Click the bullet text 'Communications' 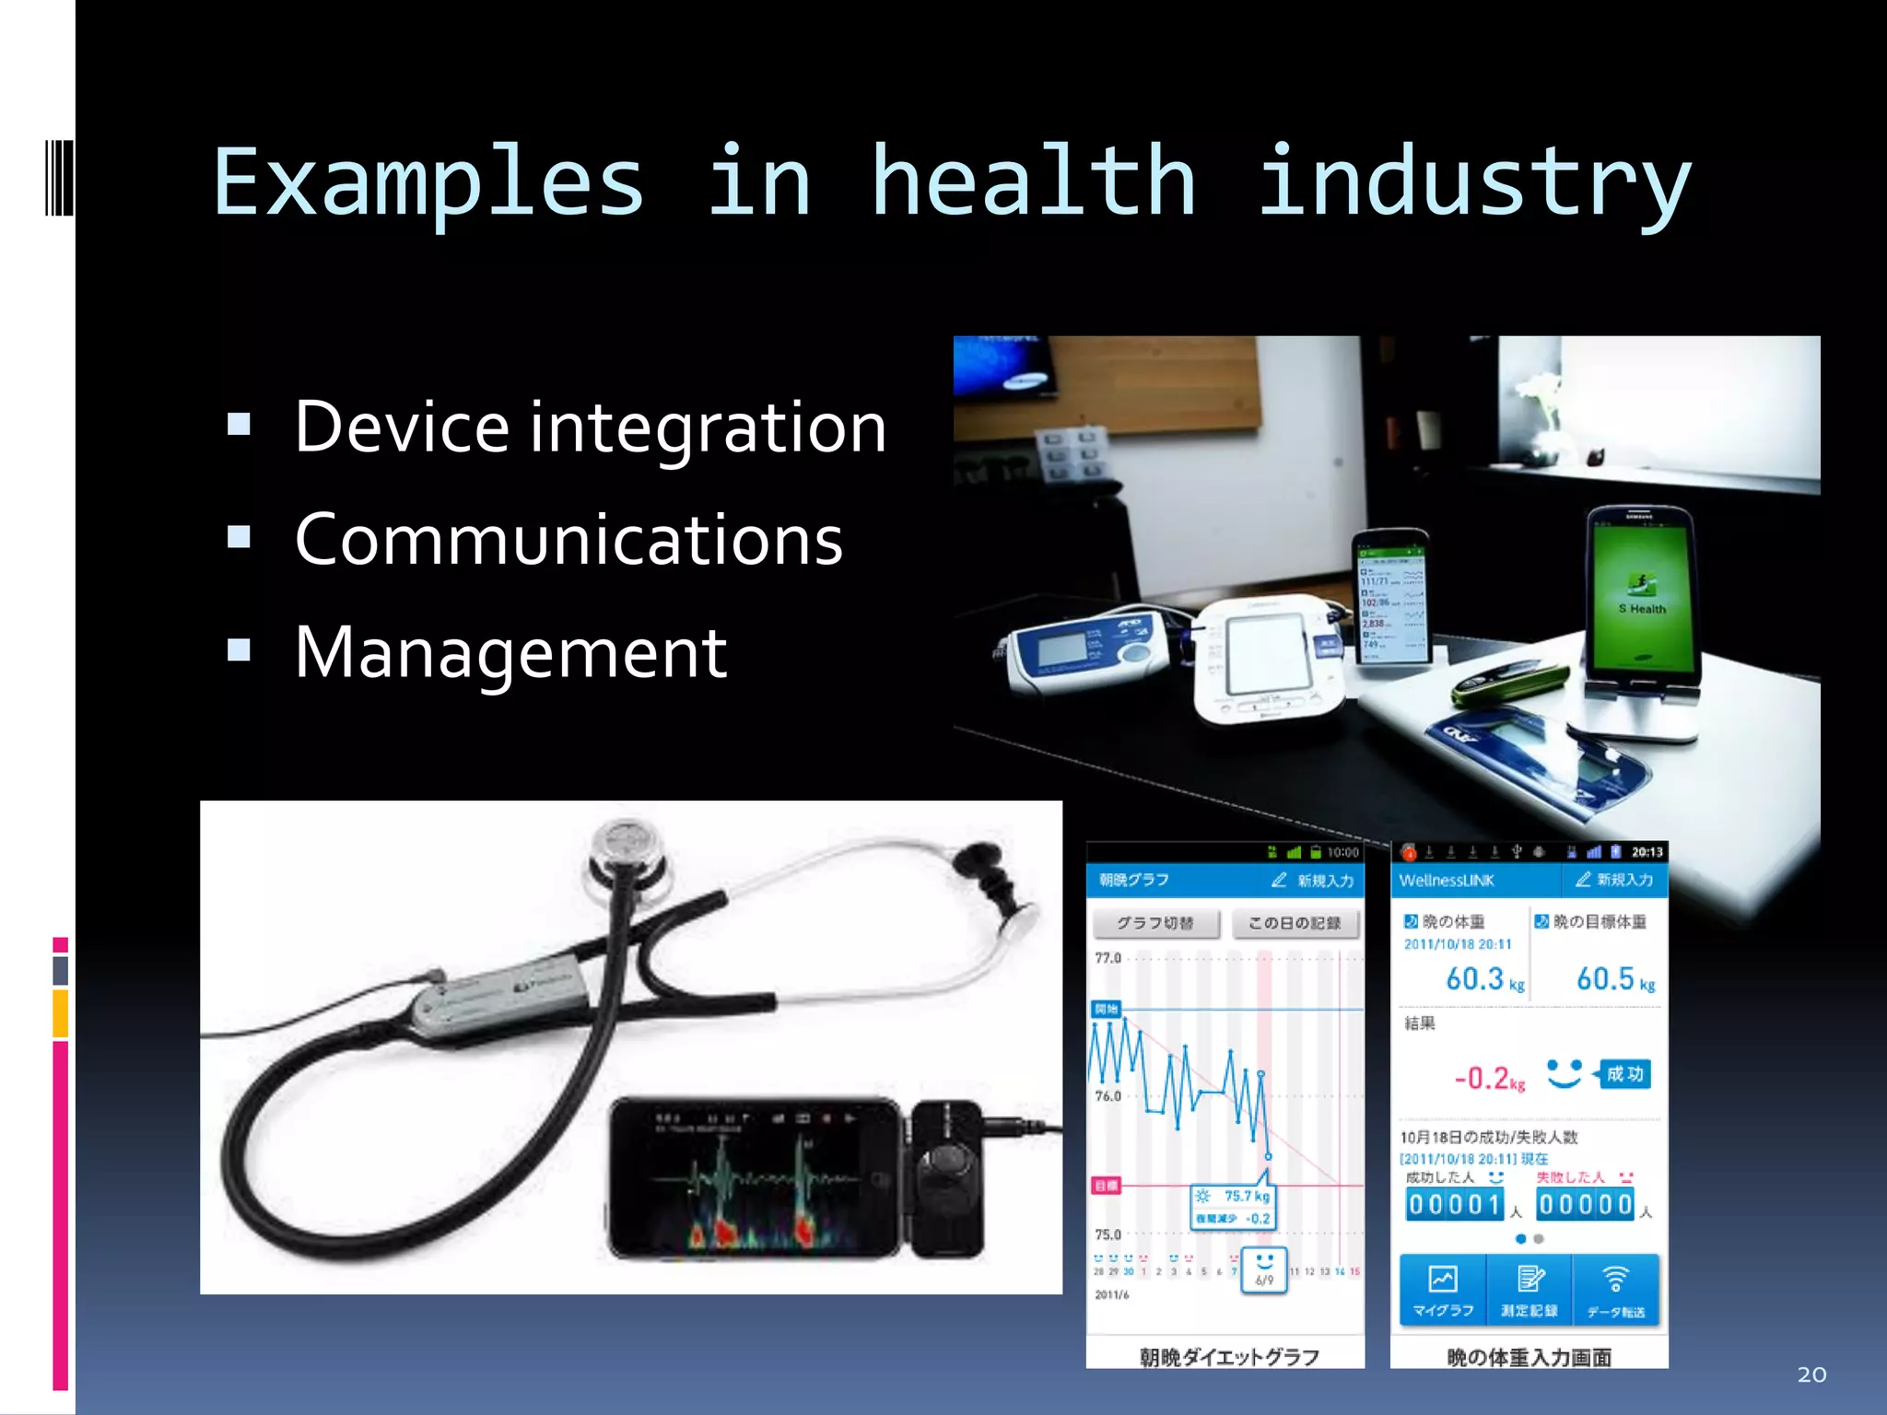(x=568, y=540)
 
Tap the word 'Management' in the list (x=510, y=652)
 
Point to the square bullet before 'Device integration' (x=239, y=424)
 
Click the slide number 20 (x=1811, y=1374)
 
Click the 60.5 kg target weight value (x=1605, y=978)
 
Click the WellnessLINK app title (x=1446, y=881)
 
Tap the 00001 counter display (x=1455, y=1204)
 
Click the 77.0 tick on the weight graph (x=1108, y=958)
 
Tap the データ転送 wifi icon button (x=1615, y=1290)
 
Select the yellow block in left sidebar (x=60, y=1013)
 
